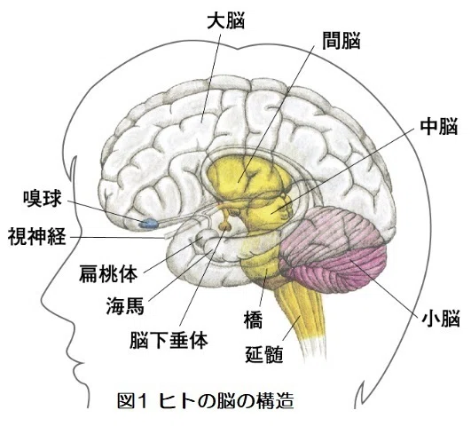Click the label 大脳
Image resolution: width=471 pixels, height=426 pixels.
[x=226, y=20]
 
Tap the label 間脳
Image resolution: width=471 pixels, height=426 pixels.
[x=341, y=41]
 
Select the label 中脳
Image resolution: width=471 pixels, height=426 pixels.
[x=439, y=126]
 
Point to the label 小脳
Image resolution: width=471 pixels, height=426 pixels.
[x=441, y=319]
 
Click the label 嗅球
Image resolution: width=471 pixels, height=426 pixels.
[x=43, y=198]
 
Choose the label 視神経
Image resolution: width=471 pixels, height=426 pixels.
[x=36, y=236]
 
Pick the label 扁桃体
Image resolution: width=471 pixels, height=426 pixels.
[x=108, y=273]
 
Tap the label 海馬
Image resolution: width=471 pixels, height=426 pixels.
[x=125, y=305]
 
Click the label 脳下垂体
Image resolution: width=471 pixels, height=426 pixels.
[x=169, y=340]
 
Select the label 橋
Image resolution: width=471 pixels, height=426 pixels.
[x=253, y=319]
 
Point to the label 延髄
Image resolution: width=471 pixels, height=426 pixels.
[x=264, y=354]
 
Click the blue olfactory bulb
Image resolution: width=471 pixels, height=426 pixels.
[x=149, y=224]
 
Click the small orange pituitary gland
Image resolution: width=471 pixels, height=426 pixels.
[x=224, y=225]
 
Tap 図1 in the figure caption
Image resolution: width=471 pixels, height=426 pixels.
[x=132, y=401]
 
